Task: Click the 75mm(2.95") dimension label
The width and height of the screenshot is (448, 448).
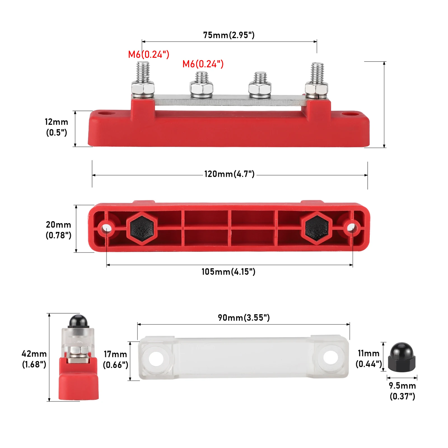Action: pyautogui.click(x=229, y=35)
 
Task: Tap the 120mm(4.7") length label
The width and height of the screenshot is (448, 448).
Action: pyautogui.click(x=229, y=174)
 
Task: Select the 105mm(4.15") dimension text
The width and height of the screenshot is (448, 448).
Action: pyautogui.click(x=228, y=272)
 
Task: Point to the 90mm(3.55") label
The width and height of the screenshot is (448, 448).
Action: pyautogui.click(x=244, y=318)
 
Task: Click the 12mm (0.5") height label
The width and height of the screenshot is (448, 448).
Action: pyautogui.click(x=57, y=127)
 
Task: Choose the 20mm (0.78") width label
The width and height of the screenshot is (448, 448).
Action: pyautogui.click(x=58, y=230)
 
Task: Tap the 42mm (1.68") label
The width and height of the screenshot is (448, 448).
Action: pyautogui.click(x=34, y=359)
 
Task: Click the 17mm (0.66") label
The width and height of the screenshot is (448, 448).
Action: pyautogui.click(x=115, y=360)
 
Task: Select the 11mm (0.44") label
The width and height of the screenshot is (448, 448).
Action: pyautogui.click(x=369, y=358)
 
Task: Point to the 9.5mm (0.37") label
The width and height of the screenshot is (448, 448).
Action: pyautogui.click(x=402, y=391)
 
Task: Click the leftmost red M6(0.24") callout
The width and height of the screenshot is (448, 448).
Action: pyautogui.click(x=149, y=54)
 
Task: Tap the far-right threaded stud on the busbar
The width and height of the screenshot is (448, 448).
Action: pyautogui.click(x=317, y=73)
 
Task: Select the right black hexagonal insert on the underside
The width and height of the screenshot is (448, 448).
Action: pyautogui.click(x=317, y=228)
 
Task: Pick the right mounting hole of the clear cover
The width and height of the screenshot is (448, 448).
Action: pyautogui.click(x=331, y=357)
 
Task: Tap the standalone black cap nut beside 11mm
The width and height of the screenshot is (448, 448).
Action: pyautogui.click(x=402, y=358)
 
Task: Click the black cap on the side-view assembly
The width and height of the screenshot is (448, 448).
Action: pyautogui.click(x=78, y=321)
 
